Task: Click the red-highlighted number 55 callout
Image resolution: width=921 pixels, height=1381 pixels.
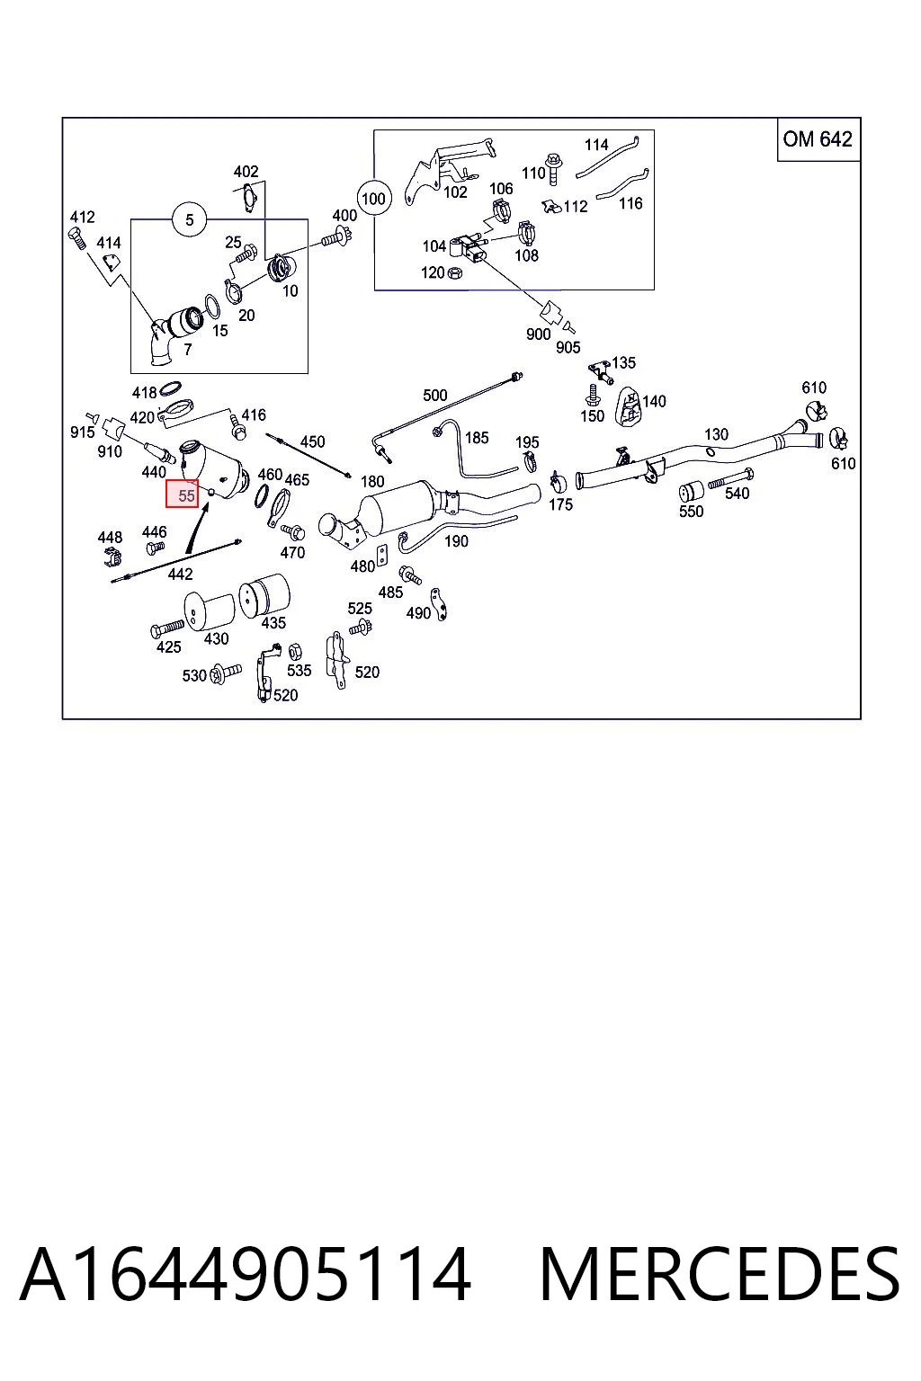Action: [182, 494]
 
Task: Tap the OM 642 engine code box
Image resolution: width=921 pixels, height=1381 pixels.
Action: [818, 139]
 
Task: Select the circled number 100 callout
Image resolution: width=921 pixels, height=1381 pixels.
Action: [373, 199]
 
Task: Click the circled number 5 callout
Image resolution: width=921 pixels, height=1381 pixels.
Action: [190, 219]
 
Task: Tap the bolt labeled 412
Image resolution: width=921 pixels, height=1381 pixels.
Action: [76, 238]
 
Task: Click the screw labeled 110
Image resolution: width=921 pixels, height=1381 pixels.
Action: [553, 168]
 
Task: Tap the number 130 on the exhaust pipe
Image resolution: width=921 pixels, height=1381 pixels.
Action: [716, 434]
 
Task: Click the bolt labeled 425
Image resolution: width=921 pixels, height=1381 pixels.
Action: [167, 628]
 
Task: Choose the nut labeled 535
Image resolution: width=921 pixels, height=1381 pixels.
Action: [294, 650]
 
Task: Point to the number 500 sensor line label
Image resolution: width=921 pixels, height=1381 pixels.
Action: [435, 396]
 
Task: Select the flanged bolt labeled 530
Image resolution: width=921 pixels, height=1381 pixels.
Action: [226, 672]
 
